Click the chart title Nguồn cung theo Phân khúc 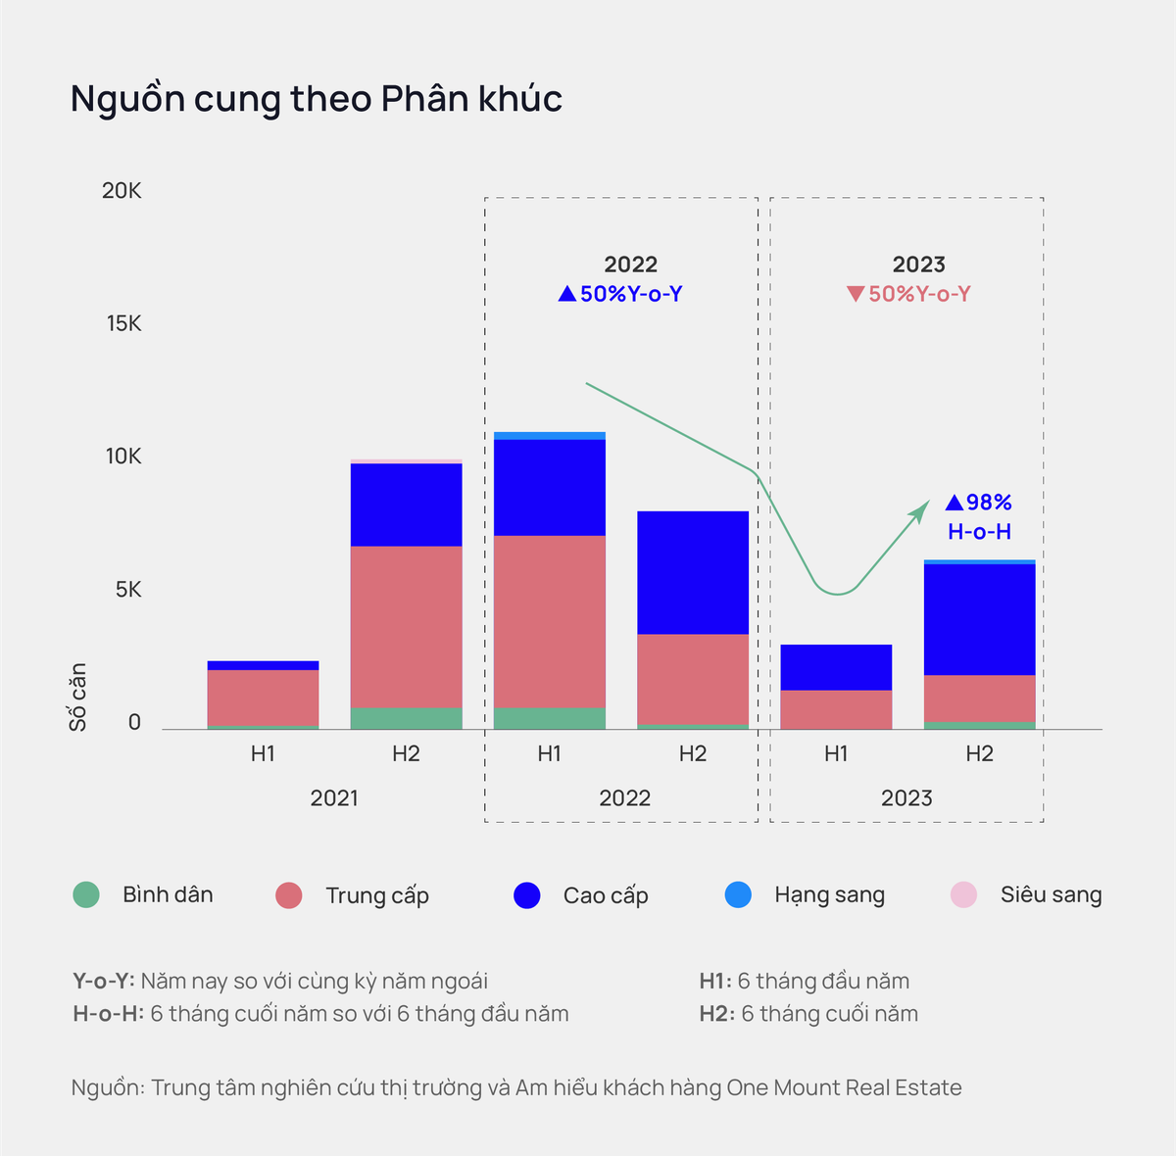pyautogui.click(x=317, y=99)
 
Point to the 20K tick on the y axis pyautogui.click(x=122, y=191)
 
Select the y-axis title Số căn pyautogui.click(x=78, y=697)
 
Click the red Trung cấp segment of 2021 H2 pyautogui.click(x=406, y=627)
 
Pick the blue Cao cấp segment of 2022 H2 pyautogui.click(x=693, y=573)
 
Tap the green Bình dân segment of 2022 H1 pyautogui.click(x=549, y=718)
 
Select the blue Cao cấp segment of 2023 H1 pyautogui.click(x=836, y=667)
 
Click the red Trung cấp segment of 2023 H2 pyautogui.click(x=979, y=698)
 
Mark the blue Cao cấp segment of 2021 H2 pyautogui.click(x=406, y=505)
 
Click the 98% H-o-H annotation pyautogui.click(x=979, y=516)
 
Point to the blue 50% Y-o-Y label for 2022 pyautogui.click(x=620, y=294)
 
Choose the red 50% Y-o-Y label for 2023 pyautogui.click(x=908, y=294)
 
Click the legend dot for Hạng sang pyautogui.click(x=738, y=894)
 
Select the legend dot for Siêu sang pyautogui.click(x=963, y=894)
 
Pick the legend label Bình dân pyautogui.click(x=168, y=894)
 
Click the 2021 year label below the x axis pyautogui.click(x=334, y=798)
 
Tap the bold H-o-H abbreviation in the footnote pyautogui.click(x=107, y=1014)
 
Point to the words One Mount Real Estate pyautogui.click(x=844, y=1087)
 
